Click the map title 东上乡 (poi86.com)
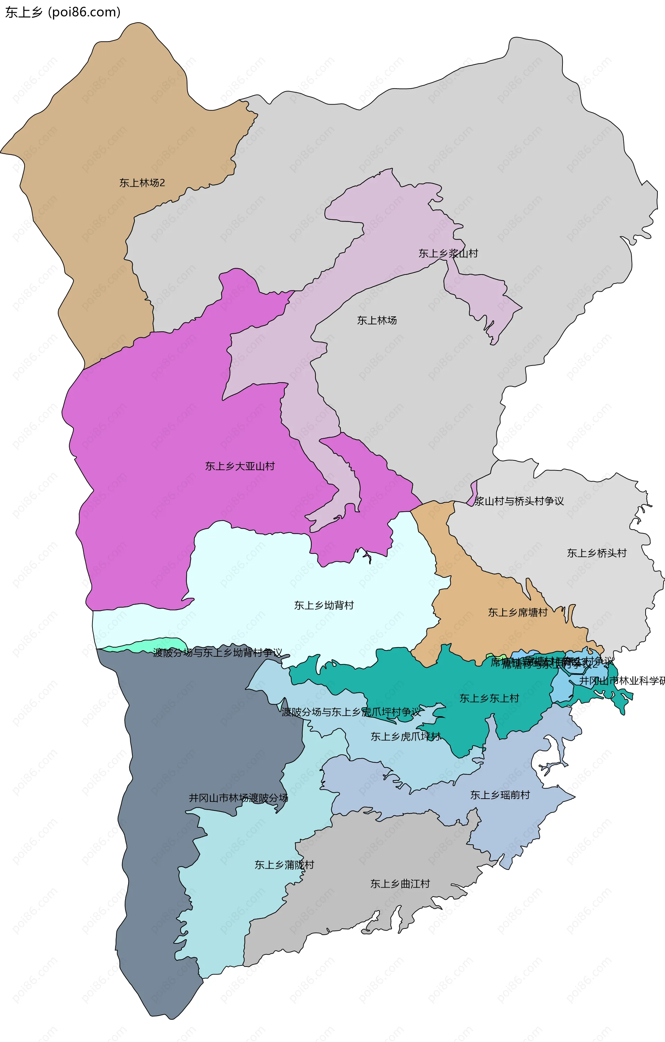63,12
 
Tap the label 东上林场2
142,183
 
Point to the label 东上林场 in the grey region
377,320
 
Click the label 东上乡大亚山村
239,466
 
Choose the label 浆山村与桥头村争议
519,501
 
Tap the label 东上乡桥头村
596,553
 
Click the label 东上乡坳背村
324,605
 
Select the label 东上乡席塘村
517,612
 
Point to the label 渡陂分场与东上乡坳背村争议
218,653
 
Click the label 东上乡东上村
489,698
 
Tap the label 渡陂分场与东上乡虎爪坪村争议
351,712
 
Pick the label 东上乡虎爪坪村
405,737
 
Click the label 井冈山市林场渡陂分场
238,798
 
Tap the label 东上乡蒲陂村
284,865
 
